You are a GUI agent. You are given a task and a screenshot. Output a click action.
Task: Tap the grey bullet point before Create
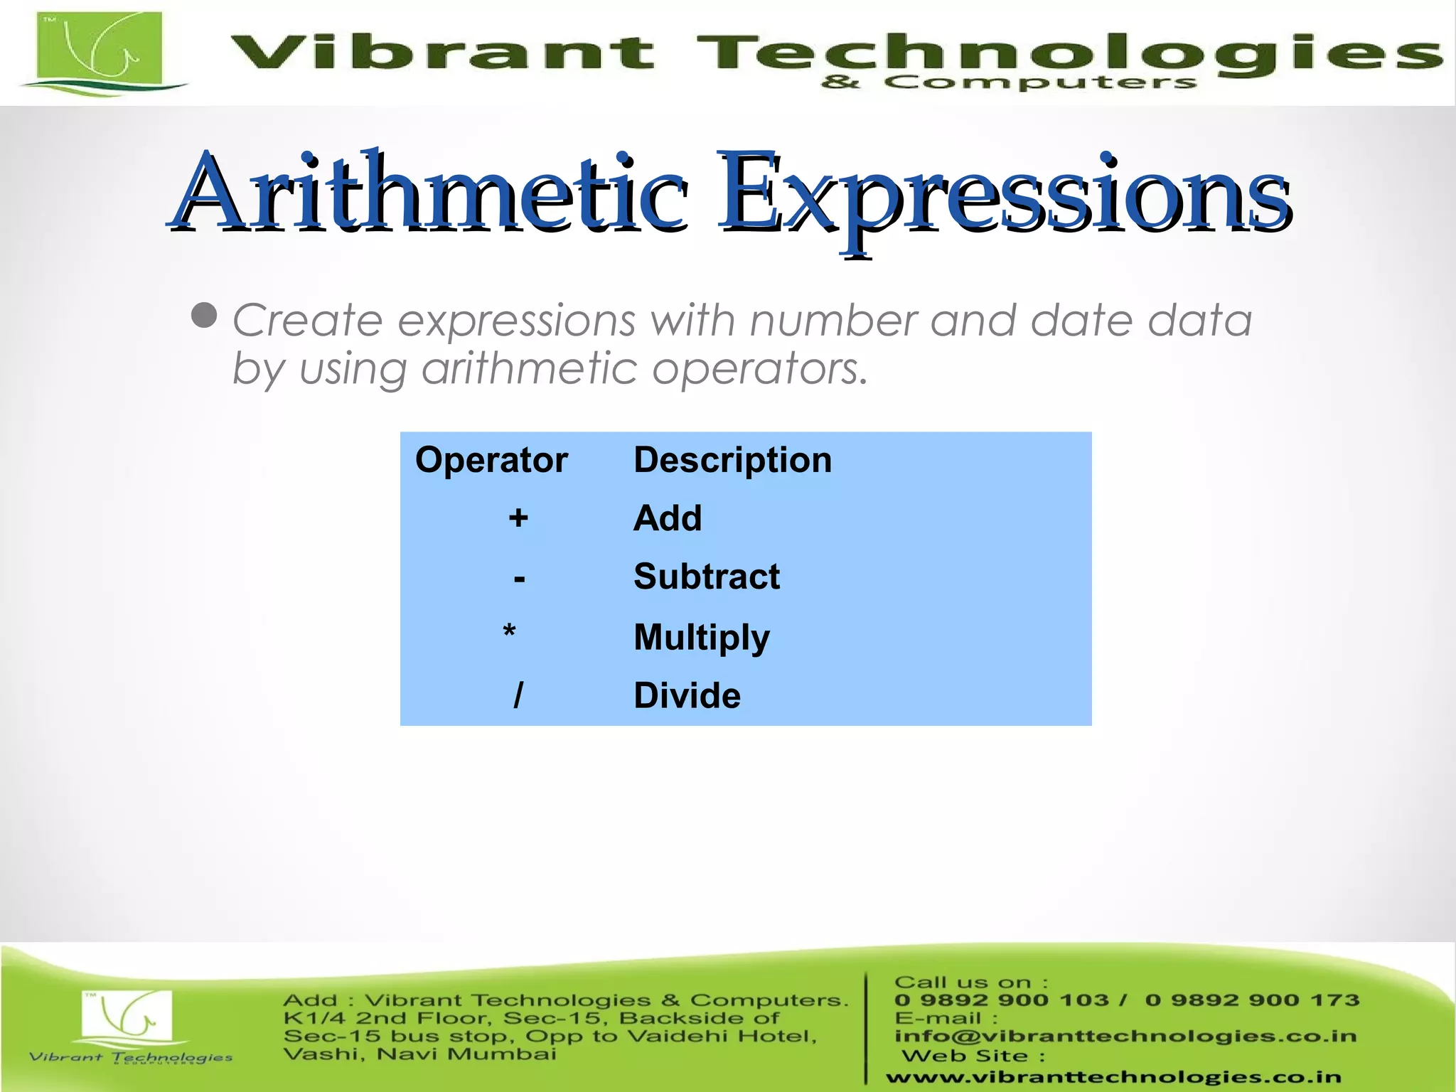tap(205, 315)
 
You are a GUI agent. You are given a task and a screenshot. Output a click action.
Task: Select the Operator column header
tap(491, 460)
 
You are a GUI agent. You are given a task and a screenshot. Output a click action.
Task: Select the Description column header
tap(732, 460)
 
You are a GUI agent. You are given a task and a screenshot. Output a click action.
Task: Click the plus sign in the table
tap(518, 518)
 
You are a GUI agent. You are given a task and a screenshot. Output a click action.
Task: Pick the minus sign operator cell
tap(519, 578)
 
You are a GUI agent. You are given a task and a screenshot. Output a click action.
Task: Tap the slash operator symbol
tap(518, 695)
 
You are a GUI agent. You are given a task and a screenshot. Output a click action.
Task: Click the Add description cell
tap(668, 518)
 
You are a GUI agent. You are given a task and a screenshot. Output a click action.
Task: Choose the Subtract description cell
tap(707, 577)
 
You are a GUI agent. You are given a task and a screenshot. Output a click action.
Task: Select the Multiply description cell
tap(702, 637)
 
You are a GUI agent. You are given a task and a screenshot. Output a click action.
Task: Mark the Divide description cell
tap(687, 695)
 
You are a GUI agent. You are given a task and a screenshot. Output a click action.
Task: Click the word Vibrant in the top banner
tap(441, 53)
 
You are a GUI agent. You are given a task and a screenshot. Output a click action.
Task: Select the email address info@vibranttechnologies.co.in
tap(1125, 1037)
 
